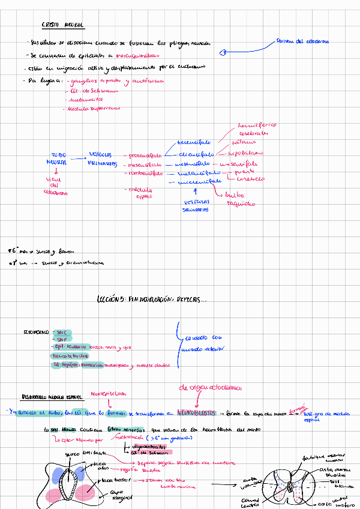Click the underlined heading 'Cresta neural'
coord(62,25)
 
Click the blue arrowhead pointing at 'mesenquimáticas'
coord(223,53)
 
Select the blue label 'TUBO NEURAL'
coord(55,158)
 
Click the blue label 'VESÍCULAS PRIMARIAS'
coord(101,158)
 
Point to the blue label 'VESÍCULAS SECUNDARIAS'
coord(196,206)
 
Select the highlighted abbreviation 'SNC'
coord(61,331)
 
